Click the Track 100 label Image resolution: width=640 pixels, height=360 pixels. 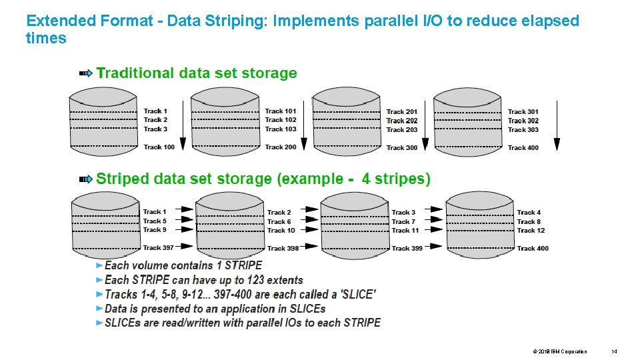click(x=159, y=147)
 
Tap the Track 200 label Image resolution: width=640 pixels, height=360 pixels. click(x=281, y=147)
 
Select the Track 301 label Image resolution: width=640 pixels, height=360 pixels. click(x=523, y=112)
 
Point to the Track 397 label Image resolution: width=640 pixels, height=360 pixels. click(x=158, y=247)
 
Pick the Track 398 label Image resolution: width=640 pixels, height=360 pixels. click(x=283, y=248)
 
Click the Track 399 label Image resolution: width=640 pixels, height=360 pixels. click(x=407, y=248)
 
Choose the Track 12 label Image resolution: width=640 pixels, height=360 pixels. click(x=531, y=230)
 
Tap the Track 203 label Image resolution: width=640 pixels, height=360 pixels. click(x=402, y=129)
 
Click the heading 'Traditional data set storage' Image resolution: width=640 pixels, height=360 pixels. click(x=197, y=73)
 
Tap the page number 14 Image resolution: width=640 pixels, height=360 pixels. click(x=615, y=351)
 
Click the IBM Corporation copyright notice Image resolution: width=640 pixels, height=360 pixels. click(x=560, y=351)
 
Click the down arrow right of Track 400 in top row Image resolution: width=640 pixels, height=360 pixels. click(x=557, y=126)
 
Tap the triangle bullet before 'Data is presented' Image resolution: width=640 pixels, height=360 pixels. click(x=100, y=309)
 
